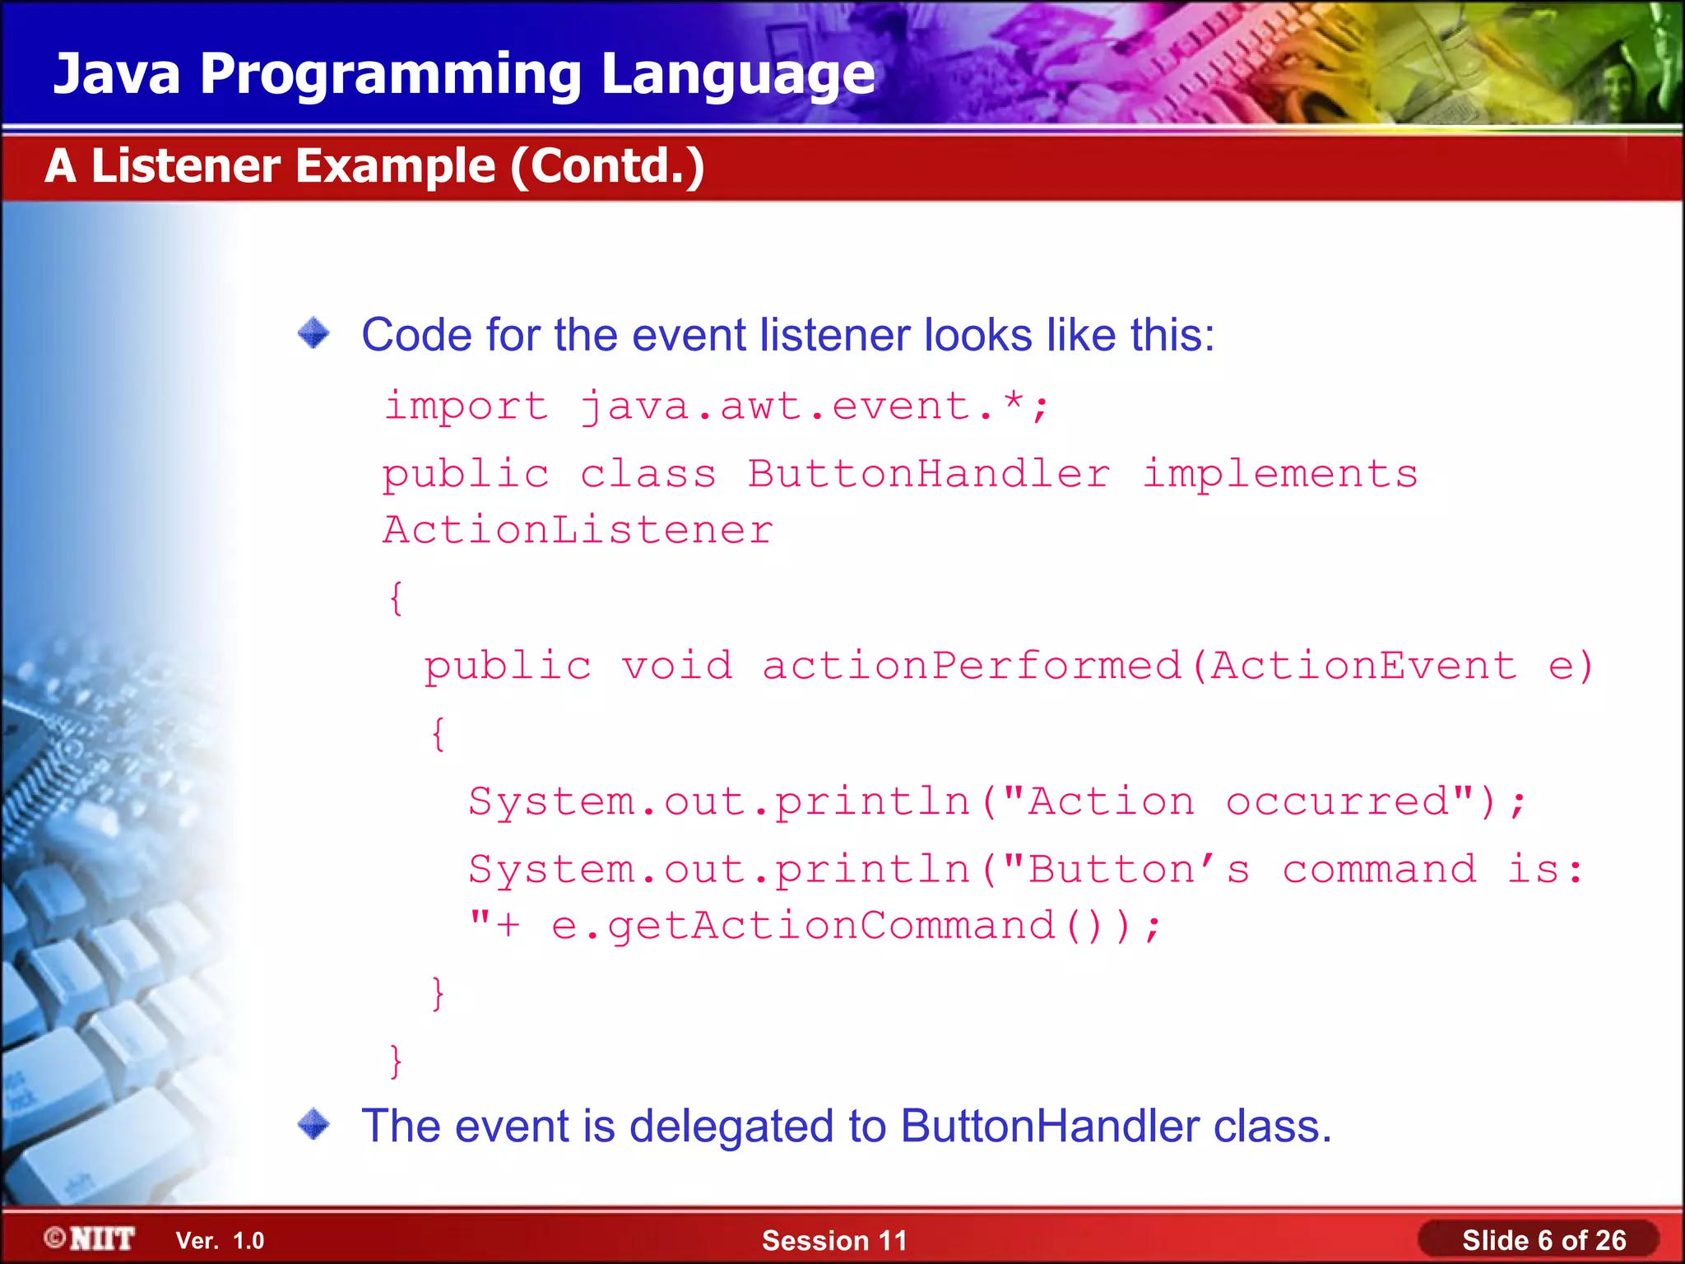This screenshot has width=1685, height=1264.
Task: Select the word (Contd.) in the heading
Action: [607, 167]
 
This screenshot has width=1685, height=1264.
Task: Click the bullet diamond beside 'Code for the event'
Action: [313, 333]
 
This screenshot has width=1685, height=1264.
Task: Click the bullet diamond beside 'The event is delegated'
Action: [313, 1124]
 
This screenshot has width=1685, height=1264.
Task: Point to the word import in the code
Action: [467, 407]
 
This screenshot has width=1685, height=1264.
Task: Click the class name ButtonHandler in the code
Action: [929, 475]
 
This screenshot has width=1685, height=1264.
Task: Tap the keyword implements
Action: [1280, 475]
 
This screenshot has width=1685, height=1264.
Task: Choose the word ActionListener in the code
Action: [578, 530]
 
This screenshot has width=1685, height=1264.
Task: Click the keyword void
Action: [676, 666]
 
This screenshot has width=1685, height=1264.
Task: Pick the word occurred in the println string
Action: [1338, 802]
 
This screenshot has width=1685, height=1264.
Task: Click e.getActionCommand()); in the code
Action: [856, 926]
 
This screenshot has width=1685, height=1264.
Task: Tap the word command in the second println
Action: [1380, 870]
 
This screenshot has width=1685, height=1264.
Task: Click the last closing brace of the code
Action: [396, 1061]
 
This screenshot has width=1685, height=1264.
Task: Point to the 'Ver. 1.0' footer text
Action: [220, 1240]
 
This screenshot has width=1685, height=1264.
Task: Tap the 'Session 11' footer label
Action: [834, 1240]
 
